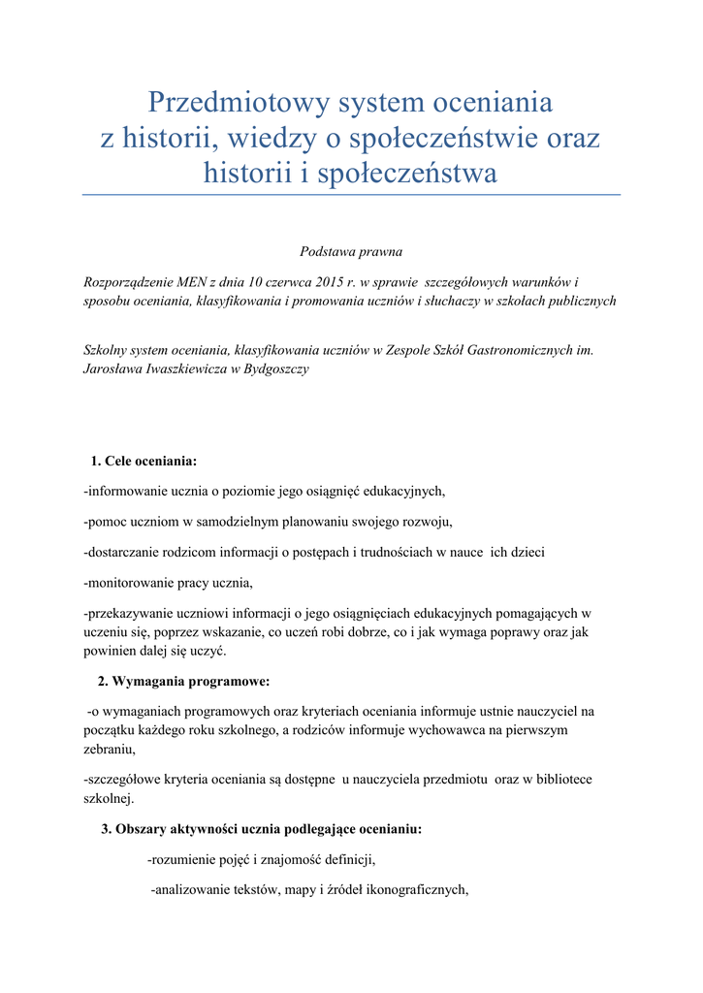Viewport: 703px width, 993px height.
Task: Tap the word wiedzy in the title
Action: coord(278,139)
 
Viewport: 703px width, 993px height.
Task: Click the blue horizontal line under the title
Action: coord(351,195)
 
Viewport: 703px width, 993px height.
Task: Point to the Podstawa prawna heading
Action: coord(351,251)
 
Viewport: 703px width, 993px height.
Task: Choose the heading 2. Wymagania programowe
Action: coord(183,681)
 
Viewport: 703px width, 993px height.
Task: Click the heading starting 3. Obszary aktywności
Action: coord(262,829)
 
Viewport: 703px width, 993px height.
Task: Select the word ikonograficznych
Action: coord(408,891)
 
